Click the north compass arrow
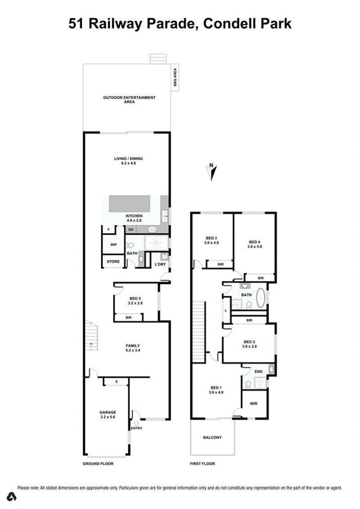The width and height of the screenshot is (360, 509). pyautogui.click(x=212, y=173)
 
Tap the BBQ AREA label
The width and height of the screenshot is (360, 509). pyautogui.click(x=175, y=77)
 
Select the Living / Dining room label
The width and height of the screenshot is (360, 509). pyautogui.click(x=128, y=161)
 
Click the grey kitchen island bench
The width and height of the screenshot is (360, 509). pyautogui.click(x=129, y=204)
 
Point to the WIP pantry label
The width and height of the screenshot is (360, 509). pyautogui.click(x=113, y=245)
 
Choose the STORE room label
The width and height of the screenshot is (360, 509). pyautogui.click(x=113, y=261)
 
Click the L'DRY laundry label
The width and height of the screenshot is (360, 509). pyautogui.click(x=160, y=264)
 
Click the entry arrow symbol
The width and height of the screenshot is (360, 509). pyautogui.click(x=136, y=423)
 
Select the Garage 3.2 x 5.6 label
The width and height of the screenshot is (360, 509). pyautogui.click(x=108, y=415)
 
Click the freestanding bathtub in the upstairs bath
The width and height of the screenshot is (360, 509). pyautogui.click(x=260, y=298)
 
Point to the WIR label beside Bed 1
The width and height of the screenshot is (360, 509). pyautogui.click(x=254, y=403)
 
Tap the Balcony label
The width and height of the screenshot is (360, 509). pyautogui.click(x=212, y=437)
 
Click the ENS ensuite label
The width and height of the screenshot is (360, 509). pyautogui.click(x=258, y=371)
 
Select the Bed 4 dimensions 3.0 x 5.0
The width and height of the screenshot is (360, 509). pyautogui.click(x=255, y=246)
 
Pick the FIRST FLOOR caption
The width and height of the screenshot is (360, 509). pyautogui.click(x=202, y=464)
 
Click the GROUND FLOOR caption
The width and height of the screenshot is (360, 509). pyautogui.click(x=98, y=464)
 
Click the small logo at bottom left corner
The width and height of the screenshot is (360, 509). pyautogui.click(x=11, y=496)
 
